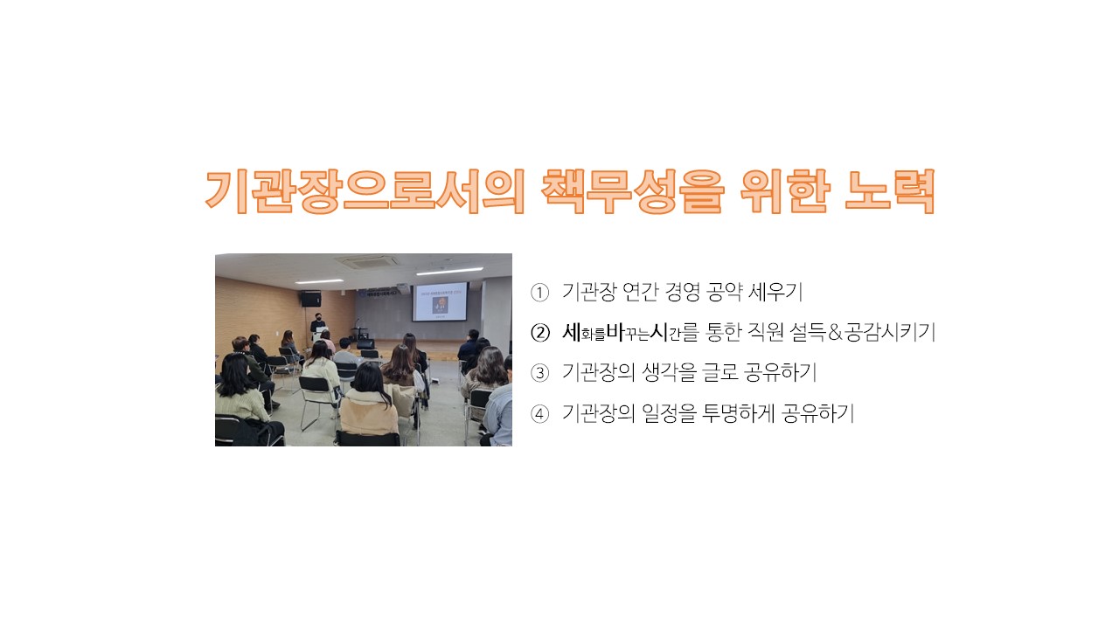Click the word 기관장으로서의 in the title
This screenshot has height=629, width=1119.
[x=365, y=191]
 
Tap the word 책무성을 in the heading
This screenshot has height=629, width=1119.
[x=632, y=191]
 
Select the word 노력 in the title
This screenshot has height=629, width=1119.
[x=890, y=191]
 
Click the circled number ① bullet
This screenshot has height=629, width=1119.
[x=539, y=293]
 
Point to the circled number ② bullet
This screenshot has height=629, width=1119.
[x=539, y=333]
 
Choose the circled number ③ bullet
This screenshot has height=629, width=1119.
[x=539, y=373]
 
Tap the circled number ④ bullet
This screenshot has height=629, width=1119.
[x=539, y=414]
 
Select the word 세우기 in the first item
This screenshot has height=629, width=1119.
[x=775, y=292]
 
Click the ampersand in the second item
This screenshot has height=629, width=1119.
[x=835, y=333]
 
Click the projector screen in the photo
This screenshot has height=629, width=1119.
[x=440, y=302]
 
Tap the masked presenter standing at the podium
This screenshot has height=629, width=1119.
[x=318, y=327]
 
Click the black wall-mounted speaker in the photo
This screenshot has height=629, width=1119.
[x=310, y=299]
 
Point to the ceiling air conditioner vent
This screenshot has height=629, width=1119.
[x=367, y=261]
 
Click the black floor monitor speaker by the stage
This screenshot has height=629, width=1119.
[x=365, y=344]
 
